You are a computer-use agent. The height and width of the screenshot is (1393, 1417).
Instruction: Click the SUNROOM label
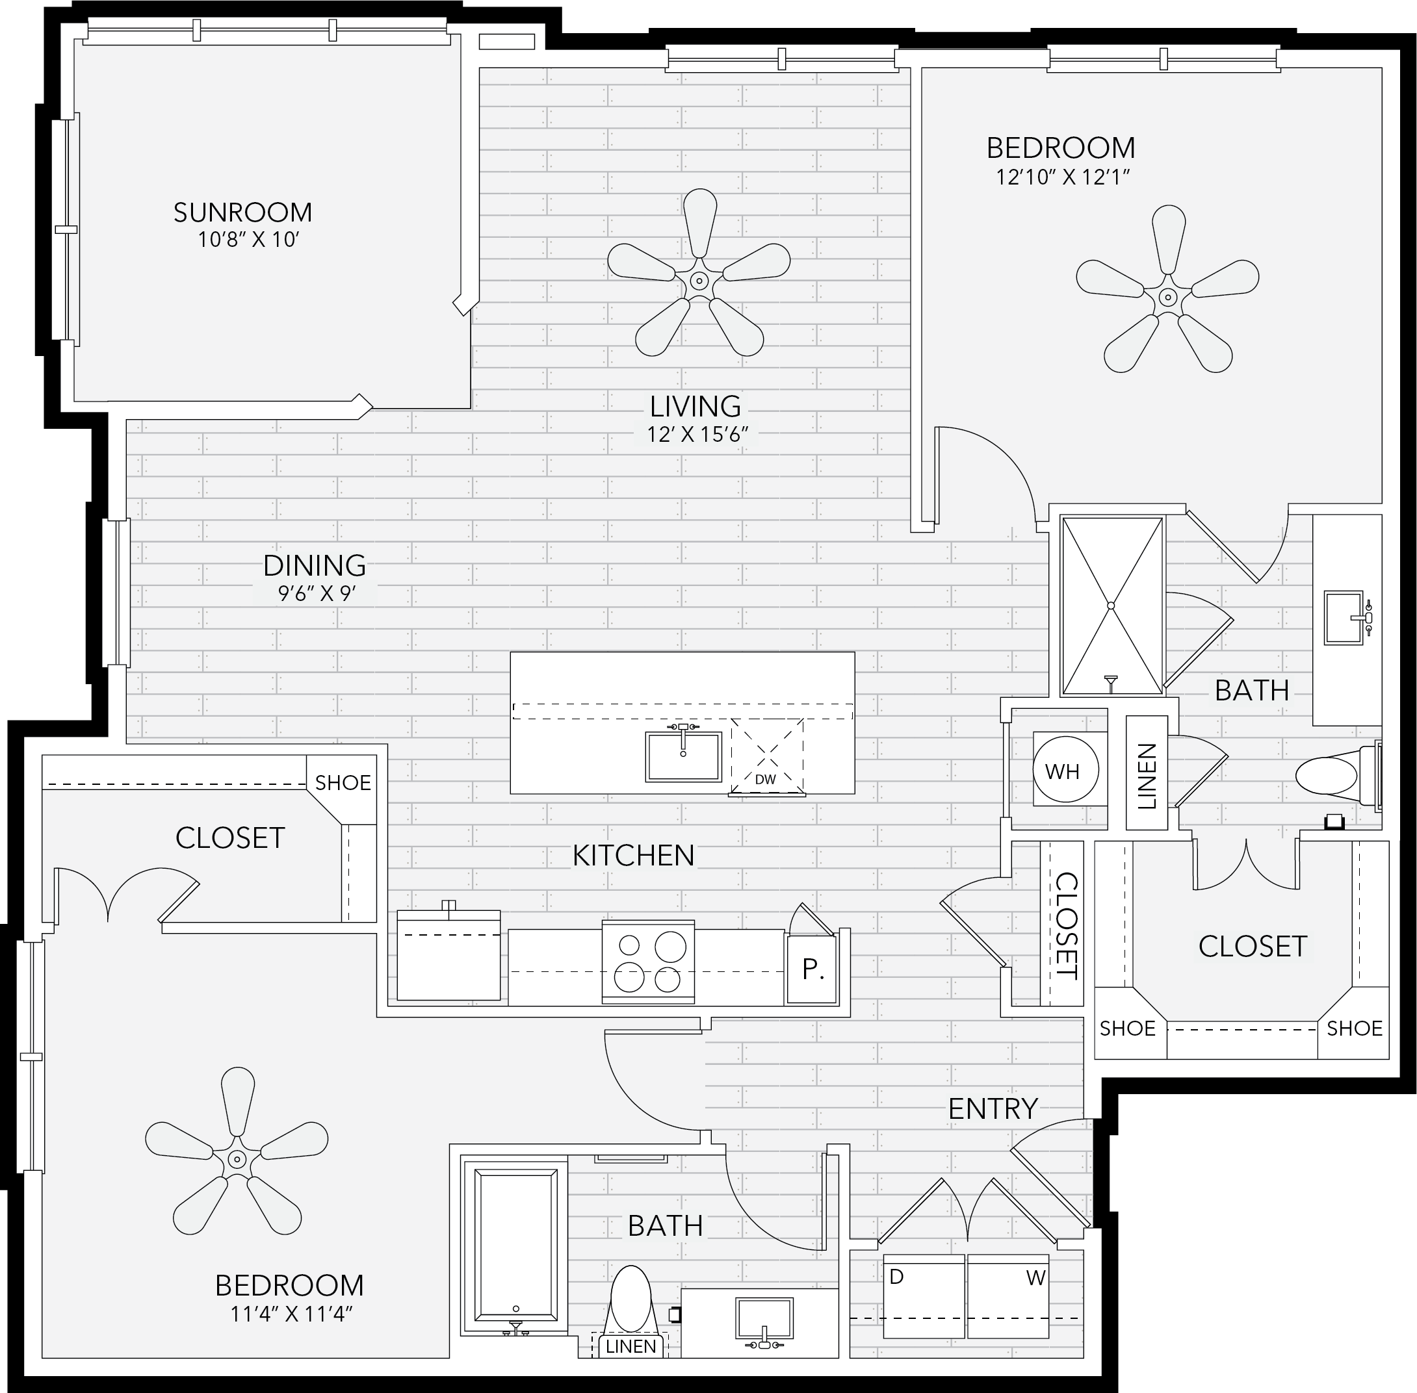point(243,212)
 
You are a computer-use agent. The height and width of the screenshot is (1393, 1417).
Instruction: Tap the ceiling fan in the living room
point(699,280)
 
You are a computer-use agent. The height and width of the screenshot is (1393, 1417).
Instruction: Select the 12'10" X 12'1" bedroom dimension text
point(1063,177)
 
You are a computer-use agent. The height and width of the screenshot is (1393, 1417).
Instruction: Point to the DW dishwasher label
point(766,779)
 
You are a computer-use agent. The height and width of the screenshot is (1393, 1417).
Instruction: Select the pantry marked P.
point(812,969)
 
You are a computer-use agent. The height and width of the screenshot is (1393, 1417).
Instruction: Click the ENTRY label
point(993,1108)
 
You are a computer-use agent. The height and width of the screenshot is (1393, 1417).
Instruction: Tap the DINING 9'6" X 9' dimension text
point(316,593)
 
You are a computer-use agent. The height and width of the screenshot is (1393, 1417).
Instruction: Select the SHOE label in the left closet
point(343,783)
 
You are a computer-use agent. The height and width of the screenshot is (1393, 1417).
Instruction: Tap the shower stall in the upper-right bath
point(1111,606)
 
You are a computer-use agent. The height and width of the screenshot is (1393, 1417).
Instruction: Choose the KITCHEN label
point(633,855)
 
